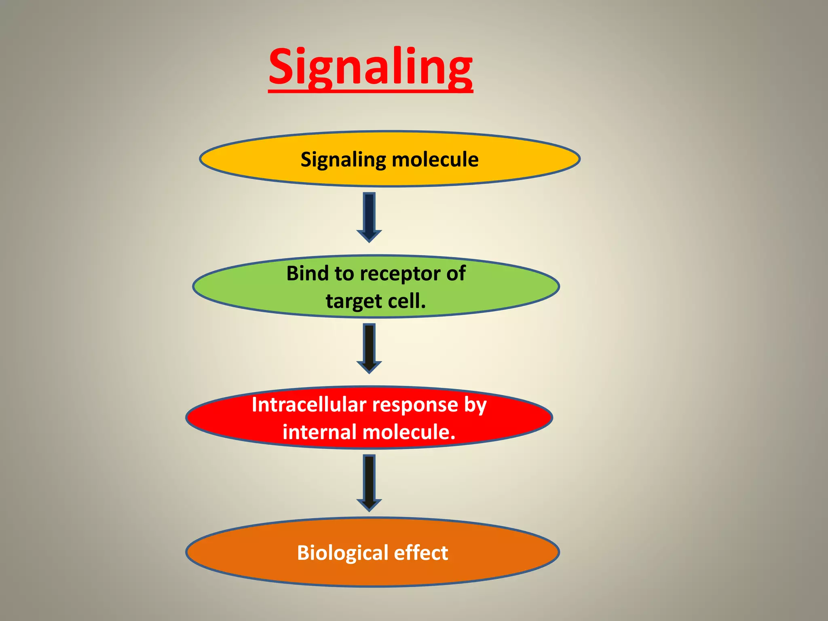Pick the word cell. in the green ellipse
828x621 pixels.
(x=407, y=301)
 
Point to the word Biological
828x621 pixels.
(x=342, y=553)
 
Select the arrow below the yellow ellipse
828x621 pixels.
(x=369, y=217)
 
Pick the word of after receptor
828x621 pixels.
(x=456, y=273)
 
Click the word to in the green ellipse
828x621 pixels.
(x=344, y=274)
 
